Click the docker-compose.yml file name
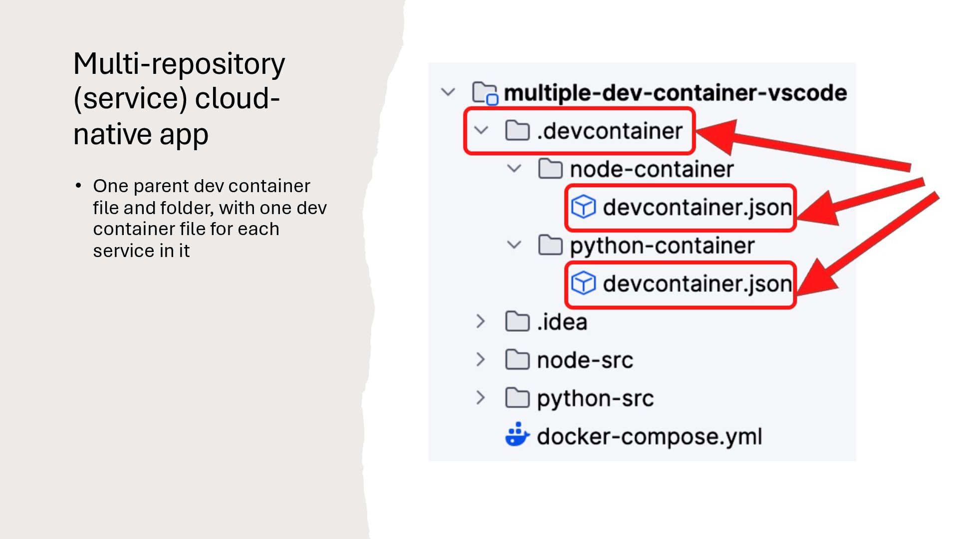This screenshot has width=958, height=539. [x=649, y=437]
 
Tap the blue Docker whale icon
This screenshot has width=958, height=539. [x=517, y=435]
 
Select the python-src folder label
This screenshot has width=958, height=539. [x=595, y=398]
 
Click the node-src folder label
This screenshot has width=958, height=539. [x=585, y=360]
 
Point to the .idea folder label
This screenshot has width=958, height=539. [x=562, y=322]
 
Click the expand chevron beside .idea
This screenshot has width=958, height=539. [x=480, y=321]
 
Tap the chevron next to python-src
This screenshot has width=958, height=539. [x=480, y=398]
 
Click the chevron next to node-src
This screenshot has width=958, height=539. [x=480, y=359]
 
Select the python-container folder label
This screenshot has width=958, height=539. [x=662, y=246]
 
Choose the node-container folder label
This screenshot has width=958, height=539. [x=651, y=169]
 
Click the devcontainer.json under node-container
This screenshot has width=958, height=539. [x=697, y=207]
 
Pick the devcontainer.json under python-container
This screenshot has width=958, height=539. [x=697, y=283]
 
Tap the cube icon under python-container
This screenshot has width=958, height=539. [x=583, y=283]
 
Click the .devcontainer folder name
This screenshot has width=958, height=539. [x=609, y=131]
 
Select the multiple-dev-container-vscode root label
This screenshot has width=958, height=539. [x=675, y=93]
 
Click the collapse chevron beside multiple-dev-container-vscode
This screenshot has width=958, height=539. [x=448, y=92]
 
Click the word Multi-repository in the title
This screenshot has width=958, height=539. [x=179, y=64]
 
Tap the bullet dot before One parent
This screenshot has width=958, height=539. [x=78, y=186]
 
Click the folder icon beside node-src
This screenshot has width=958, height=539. [x=517, y=359]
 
